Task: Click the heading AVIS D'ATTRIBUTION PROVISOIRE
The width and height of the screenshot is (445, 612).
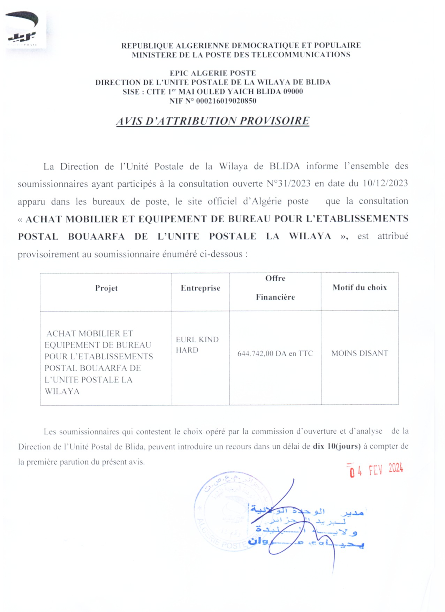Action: (x=213, y=121)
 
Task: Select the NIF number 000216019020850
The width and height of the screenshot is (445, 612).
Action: (x=226, y=101)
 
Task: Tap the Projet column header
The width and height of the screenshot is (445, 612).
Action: (x=106, y=288)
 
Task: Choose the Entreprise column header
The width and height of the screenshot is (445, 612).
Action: (x=200, y=288)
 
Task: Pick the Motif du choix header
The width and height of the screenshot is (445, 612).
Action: (x=359, y=288)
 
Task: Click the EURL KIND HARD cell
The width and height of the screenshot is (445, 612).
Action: (x=197, y=345)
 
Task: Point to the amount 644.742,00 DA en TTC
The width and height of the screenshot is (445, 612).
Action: (x=275, y=353)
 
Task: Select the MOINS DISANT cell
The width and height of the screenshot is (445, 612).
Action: (x=360, y=353)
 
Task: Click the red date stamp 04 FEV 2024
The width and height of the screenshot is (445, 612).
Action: (x=376, y=470)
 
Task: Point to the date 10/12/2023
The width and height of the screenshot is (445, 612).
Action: (x=385, y=184)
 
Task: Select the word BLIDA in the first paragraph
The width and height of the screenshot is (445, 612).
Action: (x=284, y=166)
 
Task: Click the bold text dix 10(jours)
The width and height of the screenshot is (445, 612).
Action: (x=336, y=446)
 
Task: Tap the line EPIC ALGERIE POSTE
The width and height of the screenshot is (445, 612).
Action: (x=213, y=73)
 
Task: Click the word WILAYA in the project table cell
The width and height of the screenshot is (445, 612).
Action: (x=62, y=391)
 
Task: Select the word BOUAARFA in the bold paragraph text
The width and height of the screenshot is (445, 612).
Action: (x=96, y=237)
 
